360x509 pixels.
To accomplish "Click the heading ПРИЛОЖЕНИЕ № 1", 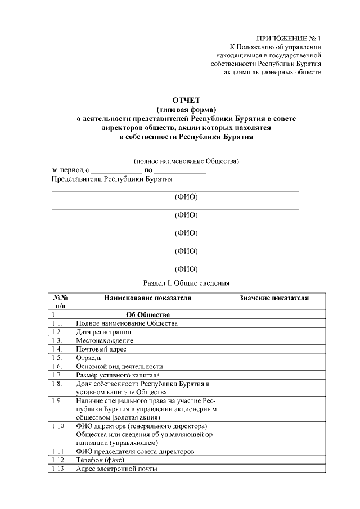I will [x=288, y=38].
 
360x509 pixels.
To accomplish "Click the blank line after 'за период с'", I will [x=116, y=170].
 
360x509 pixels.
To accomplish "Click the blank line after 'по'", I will [x=180, y=170].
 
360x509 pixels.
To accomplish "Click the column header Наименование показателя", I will [x=148, y=298].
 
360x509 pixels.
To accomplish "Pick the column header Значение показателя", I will [x=274, y=298].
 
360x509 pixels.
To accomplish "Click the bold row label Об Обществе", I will [x=148, y=315].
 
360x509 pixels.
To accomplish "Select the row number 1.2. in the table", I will [x=56, y=332].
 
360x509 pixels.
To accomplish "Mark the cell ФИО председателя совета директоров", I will [x=135, y=451].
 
